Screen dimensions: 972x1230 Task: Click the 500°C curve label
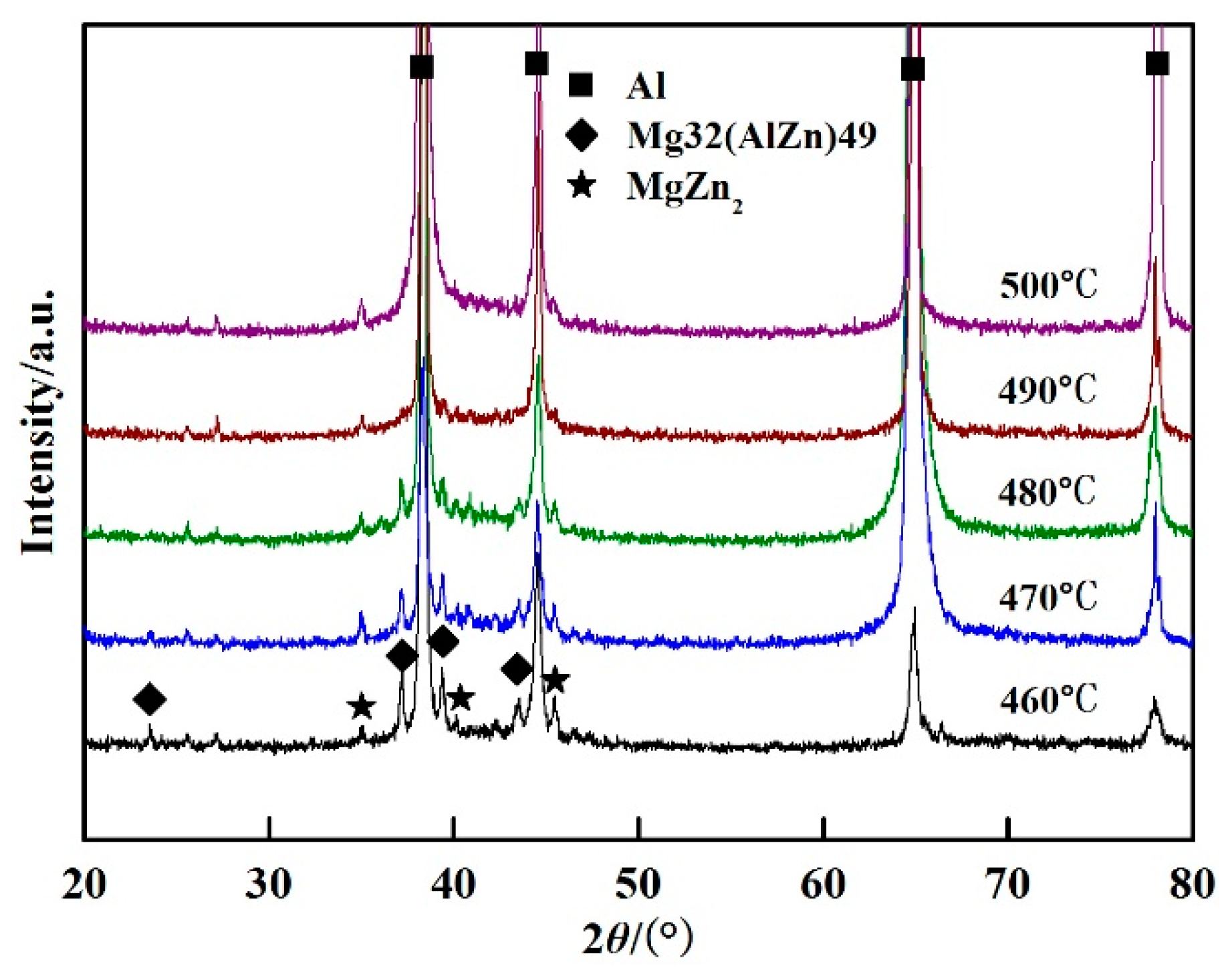[x=1048, y=285]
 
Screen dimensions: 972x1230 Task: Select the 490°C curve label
[x=1048, y=389]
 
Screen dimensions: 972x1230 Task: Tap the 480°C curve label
[x=1047, y=493]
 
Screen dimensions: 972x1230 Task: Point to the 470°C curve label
[x=1048, y=597]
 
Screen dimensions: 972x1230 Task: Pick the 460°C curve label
[x=1048, y=700]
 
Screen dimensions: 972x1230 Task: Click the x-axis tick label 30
[x=268, y=884]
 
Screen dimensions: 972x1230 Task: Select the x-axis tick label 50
[x=638, y=884]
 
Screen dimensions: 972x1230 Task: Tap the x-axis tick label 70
[x=1007, y=884]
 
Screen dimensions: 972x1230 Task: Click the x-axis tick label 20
[x=84, y=884]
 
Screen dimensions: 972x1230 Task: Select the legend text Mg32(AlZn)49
[x=751, y=136]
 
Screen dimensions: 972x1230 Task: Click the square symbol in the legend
[x=581, y=86]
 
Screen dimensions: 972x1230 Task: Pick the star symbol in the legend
[x=582, y=185]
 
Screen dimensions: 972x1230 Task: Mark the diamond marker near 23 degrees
[x=150, y=699]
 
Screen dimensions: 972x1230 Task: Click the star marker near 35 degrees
[x=362, y=707]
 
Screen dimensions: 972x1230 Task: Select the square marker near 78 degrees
[x=1157, y=64]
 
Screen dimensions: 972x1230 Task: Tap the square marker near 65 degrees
[x=913, y=69]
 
